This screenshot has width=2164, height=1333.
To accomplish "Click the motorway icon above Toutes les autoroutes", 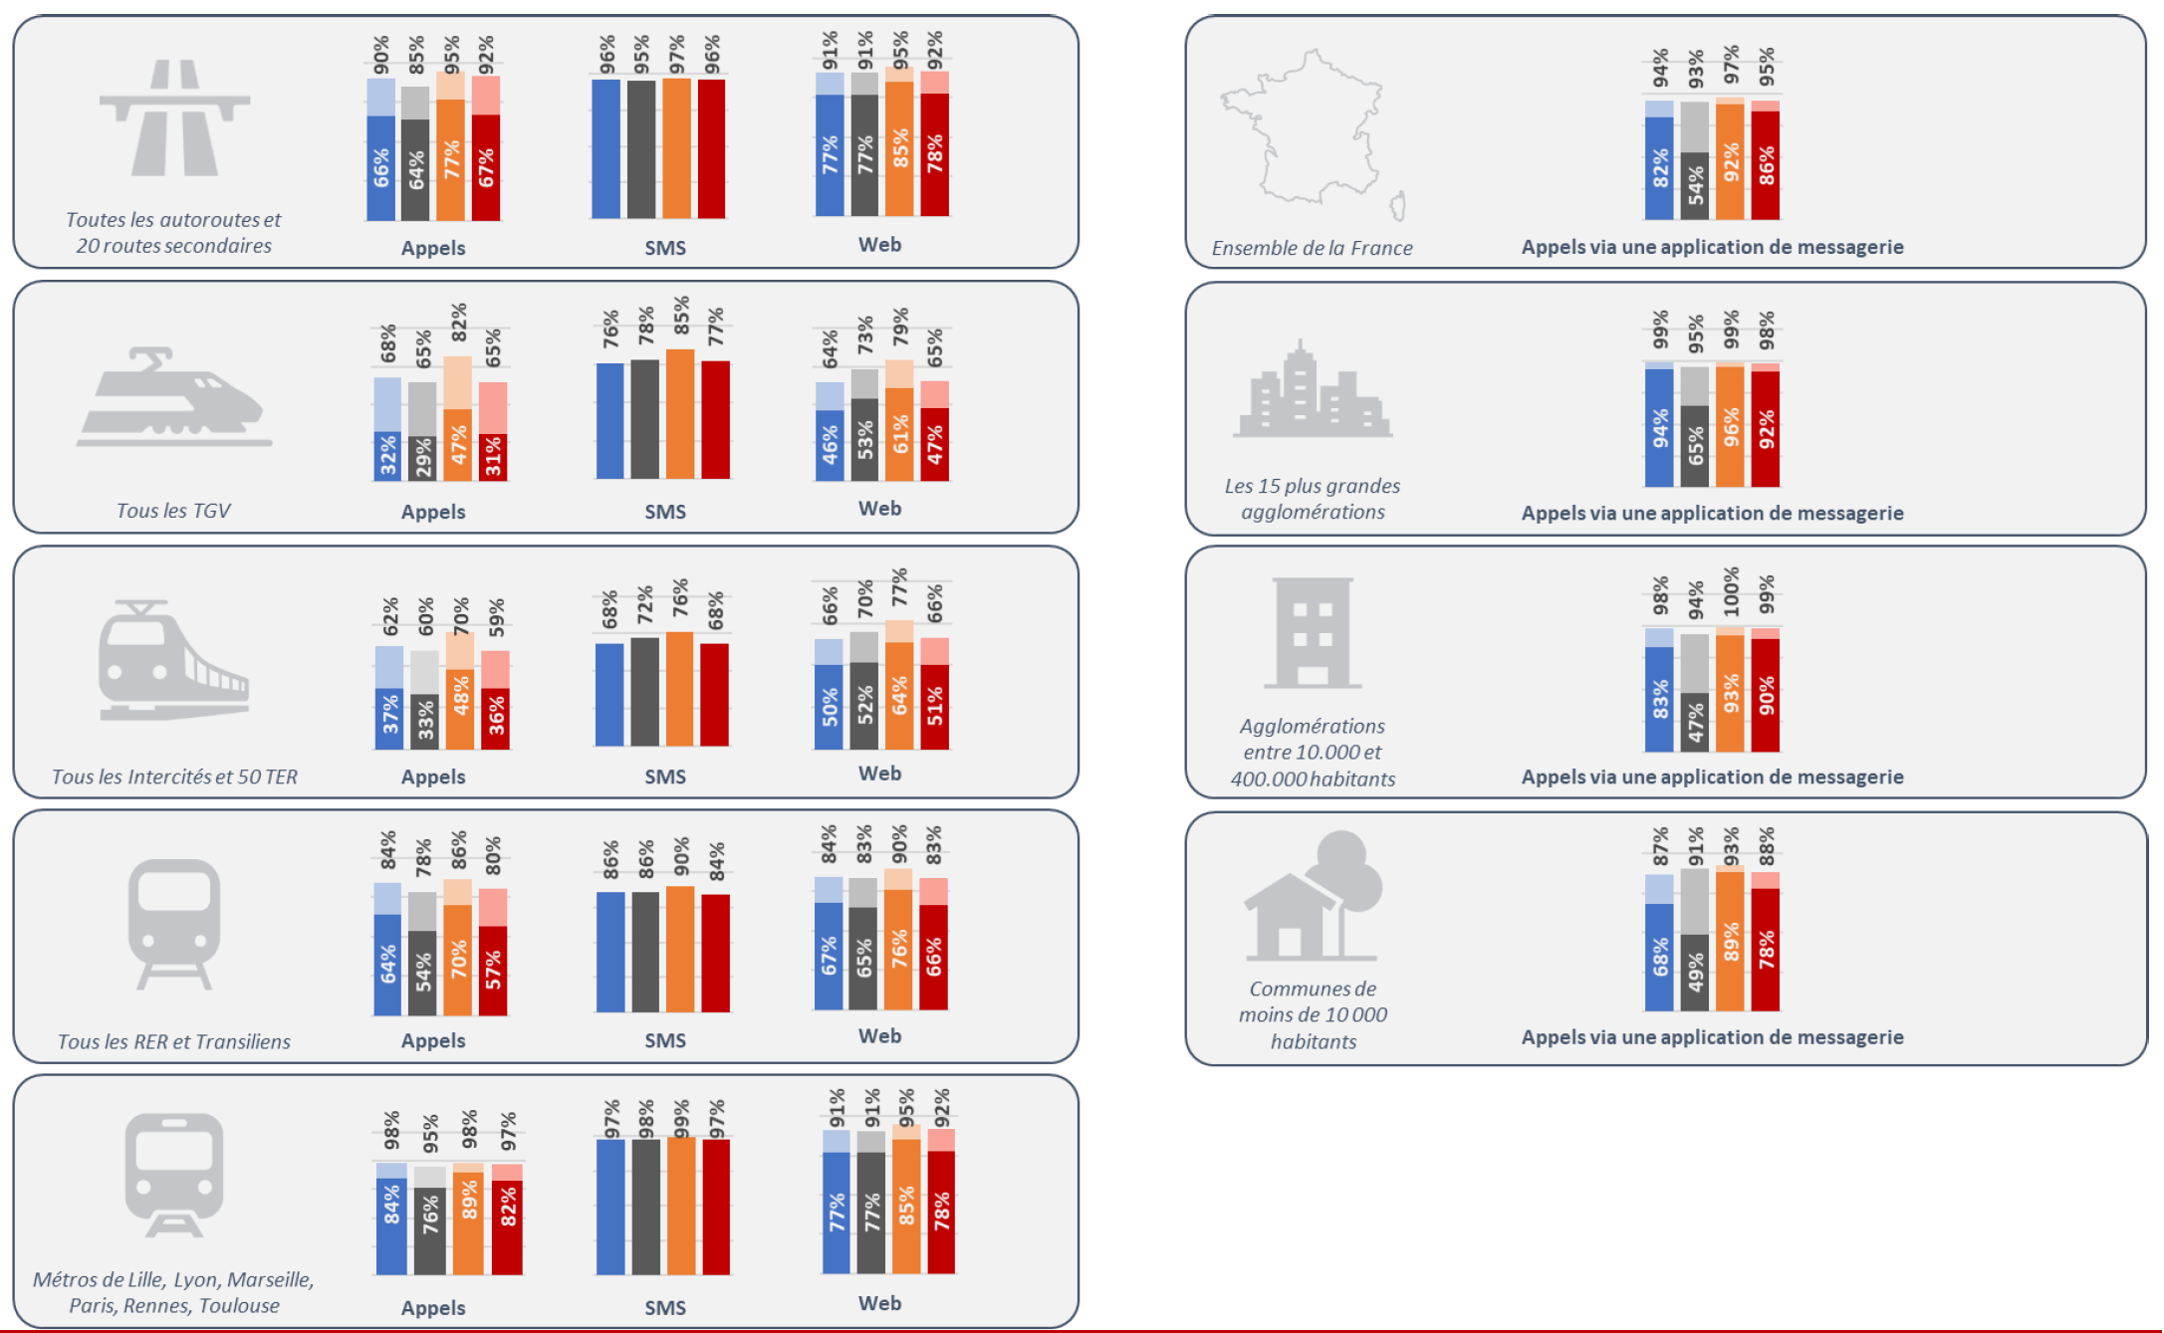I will click(x=174, y=117).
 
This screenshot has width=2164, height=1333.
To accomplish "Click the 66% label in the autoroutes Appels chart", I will click(x=381, y=168).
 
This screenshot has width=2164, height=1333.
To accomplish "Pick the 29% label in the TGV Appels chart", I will click(x=423, y=457).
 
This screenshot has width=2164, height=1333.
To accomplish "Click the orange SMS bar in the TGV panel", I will click(x=680, y=413).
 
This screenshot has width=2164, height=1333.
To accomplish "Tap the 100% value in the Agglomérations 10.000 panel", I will click(x=1731, y=590).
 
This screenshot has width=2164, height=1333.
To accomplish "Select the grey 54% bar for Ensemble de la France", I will click(x=1695, y=185).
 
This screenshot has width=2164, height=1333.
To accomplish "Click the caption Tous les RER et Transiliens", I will click(x=173, y=1041).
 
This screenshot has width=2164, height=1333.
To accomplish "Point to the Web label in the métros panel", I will click(x=879, y=1303).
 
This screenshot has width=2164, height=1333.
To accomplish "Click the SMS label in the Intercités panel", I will click(x=664, y=777).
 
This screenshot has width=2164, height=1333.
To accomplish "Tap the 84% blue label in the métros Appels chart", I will click(x=391, y=1205).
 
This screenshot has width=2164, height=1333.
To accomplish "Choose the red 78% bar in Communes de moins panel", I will click(x=1766, y=949).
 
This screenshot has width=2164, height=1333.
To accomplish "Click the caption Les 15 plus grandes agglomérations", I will click(x=1312, y=499).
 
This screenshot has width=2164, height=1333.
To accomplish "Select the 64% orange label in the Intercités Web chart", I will click(x=899, y=695).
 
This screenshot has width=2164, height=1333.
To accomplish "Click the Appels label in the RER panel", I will click(x=432, y=1040).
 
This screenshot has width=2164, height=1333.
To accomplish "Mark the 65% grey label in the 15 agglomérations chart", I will click(x=1695, y=446).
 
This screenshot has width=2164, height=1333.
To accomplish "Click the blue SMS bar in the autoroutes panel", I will click(x=605, y=148).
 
